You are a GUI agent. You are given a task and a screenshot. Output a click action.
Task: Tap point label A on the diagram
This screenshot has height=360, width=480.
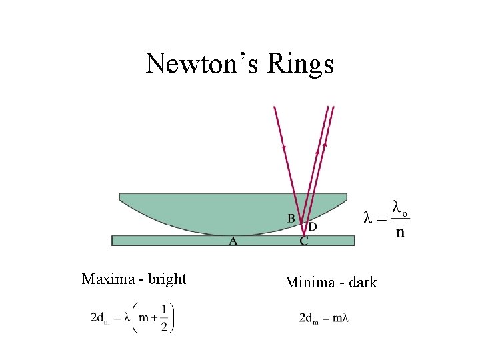233,241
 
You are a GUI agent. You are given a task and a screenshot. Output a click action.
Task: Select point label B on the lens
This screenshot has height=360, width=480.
291,218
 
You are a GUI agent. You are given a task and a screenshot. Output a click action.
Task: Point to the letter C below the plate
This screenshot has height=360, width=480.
304,241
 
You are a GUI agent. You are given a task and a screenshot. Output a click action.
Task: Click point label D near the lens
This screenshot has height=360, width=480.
312,227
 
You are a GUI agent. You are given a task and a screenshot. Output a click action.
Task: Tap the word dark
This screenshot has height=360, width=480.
362,283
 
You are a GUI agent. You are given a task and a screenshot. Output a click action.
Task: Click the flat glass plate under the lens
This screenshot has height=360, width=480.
167,240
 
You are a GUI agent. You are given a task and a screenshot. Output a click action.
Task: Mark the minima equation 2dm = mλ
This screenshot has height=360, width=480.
324,317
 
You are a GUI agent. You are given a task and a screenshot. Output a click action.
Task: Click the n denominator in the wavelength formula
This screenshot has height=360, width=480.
399,232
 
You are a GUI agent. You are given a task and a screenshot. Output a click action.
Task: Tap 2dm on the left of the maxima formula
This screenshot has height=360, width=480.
100,318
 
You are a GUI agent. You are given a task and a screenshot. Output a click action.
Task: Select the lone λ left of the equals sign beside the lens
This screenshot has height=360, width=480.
367,217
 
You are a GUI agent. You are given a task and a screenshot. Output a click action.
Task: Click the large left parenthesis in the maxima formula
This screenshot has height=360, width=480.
134,317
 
